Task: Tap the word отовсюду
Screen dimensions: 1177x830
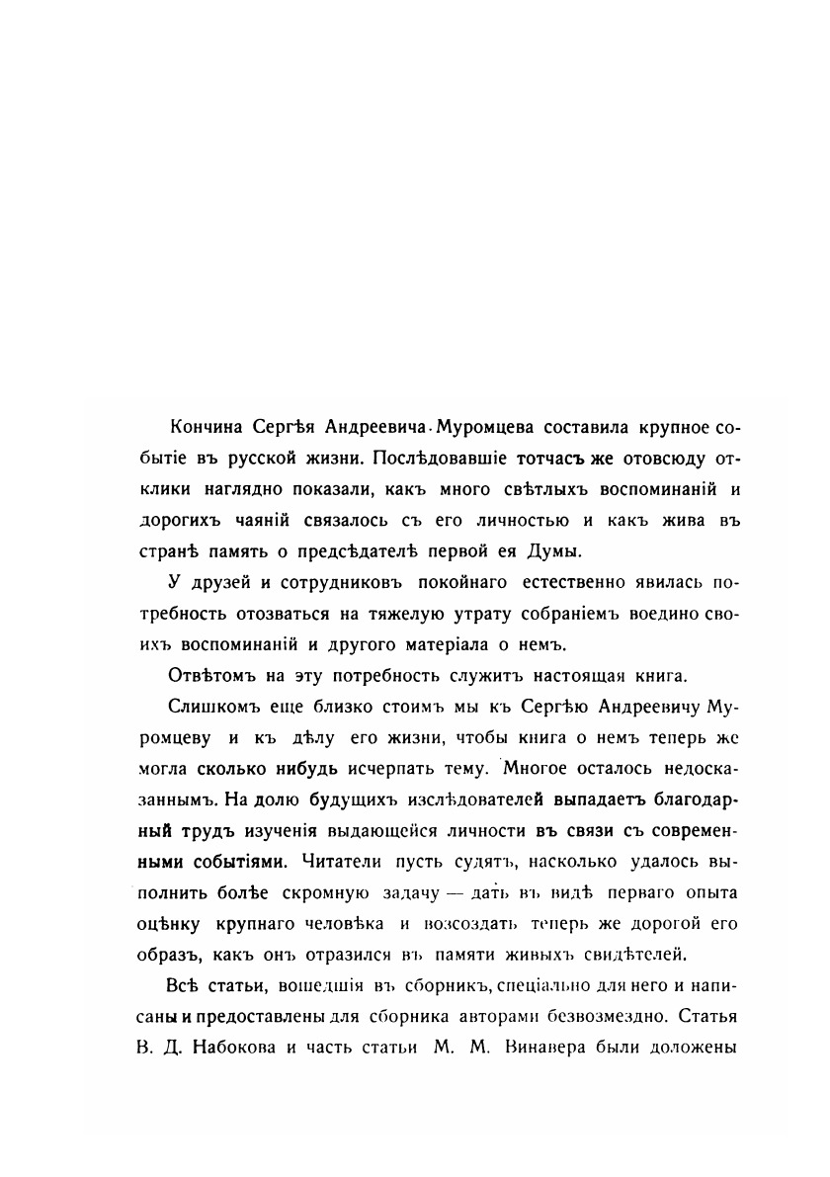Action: pyautogui.click(x=647, y=460)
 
